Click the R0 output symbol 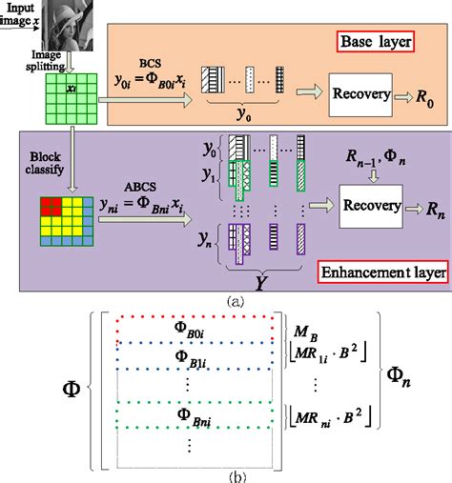coord(419,97)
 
